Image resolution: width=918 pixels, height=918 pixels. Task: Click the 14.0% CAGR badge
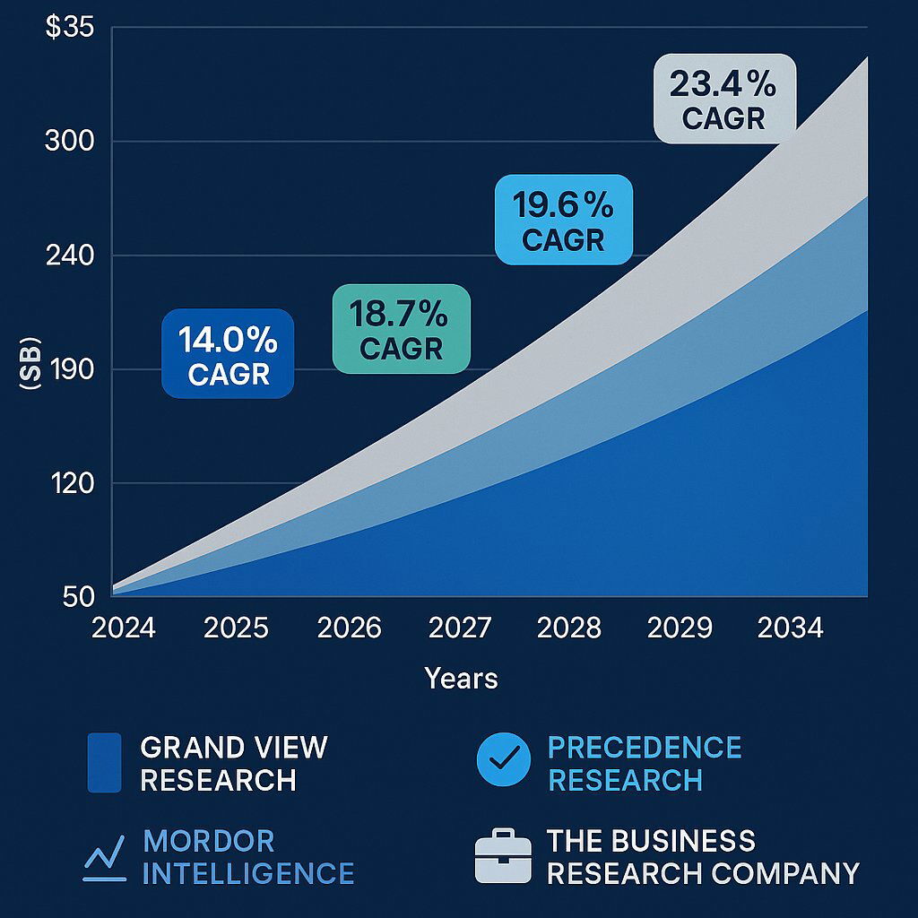coord(228,353)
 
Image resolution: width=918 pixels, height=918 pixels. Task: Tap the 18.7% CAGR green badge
coord(401,328)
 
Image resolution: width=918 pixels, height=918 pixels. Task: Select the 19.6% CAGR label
coord(564,220)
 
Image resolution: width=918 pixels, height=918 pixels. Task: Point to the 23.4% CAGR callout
coord(724,99)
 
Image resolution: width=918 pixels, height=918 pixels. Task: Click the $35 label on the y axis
coord(68,28)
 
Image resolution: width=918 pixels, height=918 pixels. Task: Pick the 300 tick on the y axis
coord(69,142)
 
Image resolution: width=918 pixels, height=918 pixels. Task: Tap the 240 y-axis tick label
coord(69,256)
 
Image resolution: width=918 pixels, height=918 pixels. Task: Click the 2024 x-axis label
coord(124,628)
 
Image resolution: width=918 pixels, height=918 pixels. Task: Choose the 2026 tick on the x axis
coord(350,628)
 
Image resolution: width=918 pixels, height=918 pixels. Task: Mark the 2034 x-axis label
coord(790,628)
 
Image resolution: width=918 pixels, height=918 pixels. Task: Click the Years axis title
coord(461,679)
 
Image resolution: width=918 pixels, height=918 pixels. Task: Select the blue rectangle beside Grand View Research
coord(104,763)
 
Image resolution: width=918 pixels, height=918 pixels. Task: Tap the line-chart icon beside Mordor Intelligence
coord(104,857)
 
